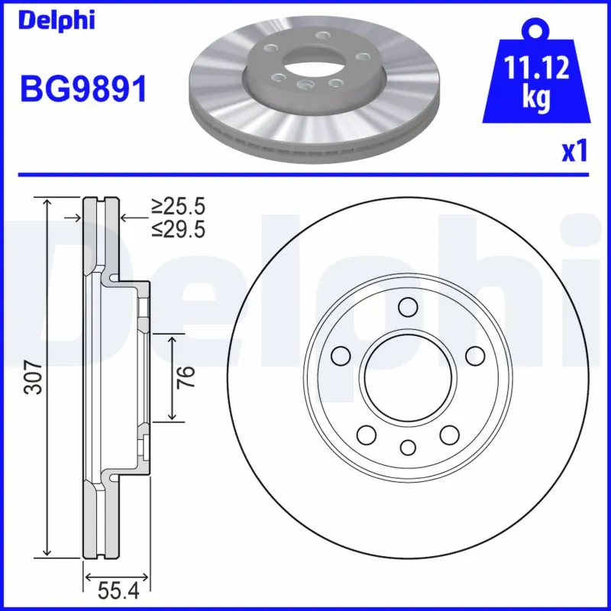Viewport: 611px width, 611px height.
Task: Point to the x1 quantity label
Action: click(x=575, y=151)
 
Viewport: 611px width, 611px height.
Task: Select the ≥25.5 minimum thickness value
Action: click(x=178, y=206)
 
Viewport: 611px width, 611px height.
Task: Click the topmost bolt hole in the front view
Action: click(x=408, y=307)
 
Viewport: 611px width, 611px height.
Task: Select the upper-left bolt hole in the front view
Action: click(x=341, y=355)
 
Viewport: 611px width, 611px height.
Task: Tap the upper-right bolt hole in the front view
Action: click(x=475, y=355)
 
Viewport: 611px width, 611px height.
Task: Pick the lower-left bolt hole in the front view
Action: click(x=367, y=435)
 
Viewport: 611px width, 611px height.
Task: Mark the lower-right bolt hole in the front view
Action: click(x=449, y=435)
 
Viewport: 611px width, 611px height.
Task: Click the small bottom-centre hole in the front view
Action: click(x=408, y=447)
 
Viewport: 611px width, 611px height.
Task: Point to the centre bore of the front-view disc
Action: click(x=408, y=377)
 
